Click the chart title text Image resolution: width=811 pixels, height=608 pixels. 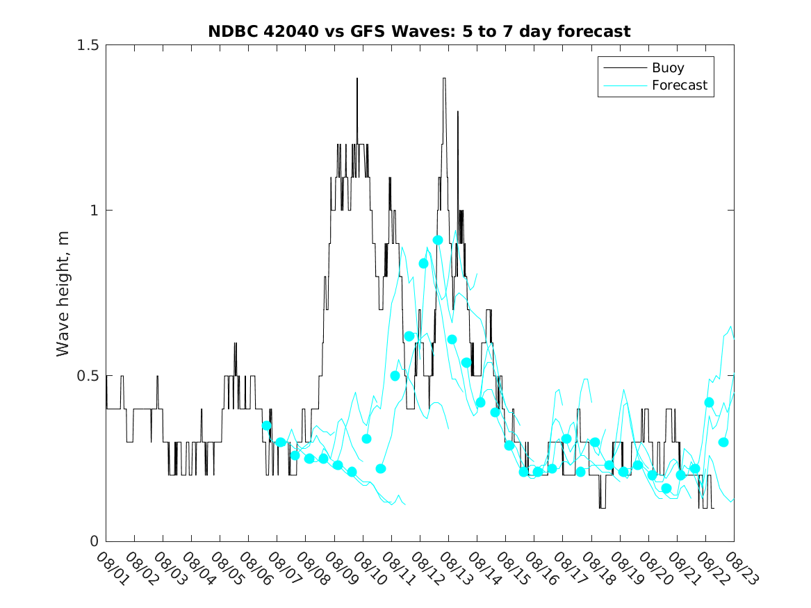point(419,31)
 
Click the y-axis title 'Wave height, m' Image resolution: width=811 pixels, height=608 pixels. point(63,293)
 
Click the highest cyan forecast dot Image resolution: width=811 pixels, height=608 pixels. point(438,240)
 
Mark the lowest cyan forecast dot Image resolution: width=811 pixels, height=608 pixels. point(666,488)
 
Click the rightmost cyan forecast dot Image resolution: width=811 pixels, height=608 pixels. point(723,442)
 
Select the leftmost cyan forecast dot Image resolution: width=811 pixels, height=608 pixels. point(266,425)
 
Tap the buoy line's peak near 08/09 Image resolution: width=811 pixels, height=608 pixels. point(357,79)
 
